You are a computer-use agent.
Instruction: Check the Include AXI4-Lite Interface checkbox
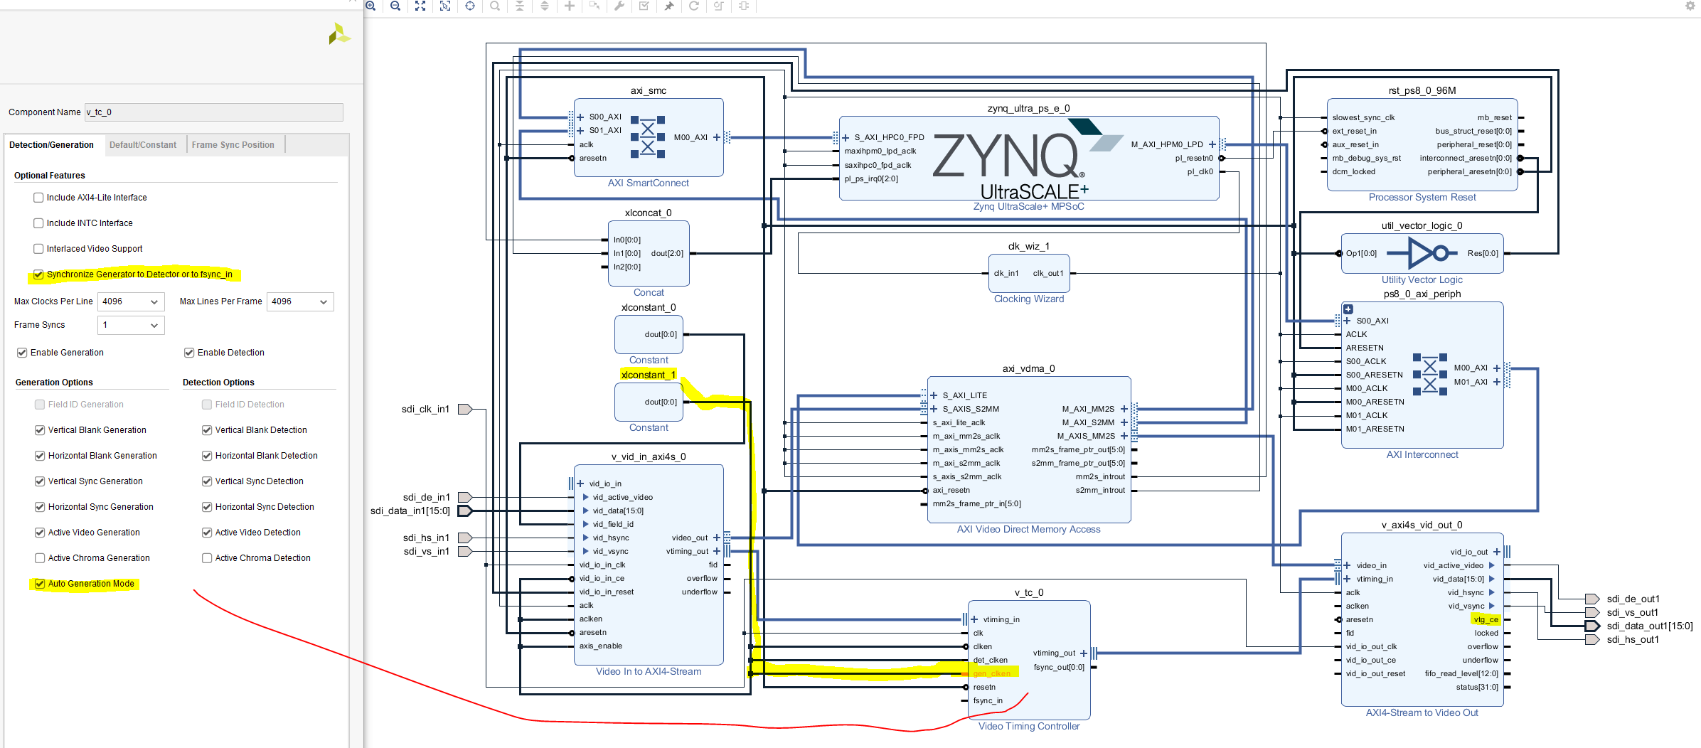click(x=38, y=198)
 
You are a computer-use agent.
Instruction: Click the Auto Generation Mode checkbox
click(x=40, y=584)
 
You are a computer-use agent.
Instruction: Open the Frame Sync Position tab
click(x=233, y=145)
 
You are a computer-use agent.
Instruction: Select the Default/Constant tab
click(x=143, y=145)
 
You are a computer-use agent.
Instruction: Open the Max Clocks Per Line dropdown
click(x=130, y=301)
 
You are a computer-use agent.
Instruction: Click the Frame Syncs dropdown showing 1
click(x=130, y=325)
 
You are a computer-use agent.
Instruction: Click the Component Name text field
click(x=213, y=112)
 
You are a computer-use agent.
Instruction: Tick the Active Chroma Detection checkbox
click(x=207, y=558)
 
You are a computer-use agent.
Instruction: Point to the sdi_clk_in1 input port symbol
click(x=465, y=409)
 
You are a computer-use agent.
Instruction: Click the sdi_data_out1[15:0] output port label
click(x=1649, y=626)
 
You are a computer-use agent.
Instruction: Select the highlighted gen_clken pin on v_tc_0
click(x=991, y=673)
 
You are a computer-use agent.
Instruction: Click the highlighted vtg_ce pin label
click(x=1486, y=619)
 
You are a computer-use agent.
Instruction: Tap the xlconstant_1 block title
click(x=648, y=375)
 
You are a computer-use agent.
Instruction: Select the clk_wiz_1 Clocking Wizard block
click(x=1028, y=274)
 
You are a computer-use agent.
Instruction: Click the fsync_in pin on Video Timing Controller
click(x=988, y=700)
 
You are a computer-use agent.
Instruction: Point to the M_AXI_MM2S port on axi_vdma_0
click(x=1088, y=409)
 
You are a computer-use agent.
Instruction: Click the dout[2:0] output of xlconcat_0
click(x=666, y=253)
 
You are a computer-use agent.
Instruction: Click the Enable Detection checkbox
click(x=189, y=353)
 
